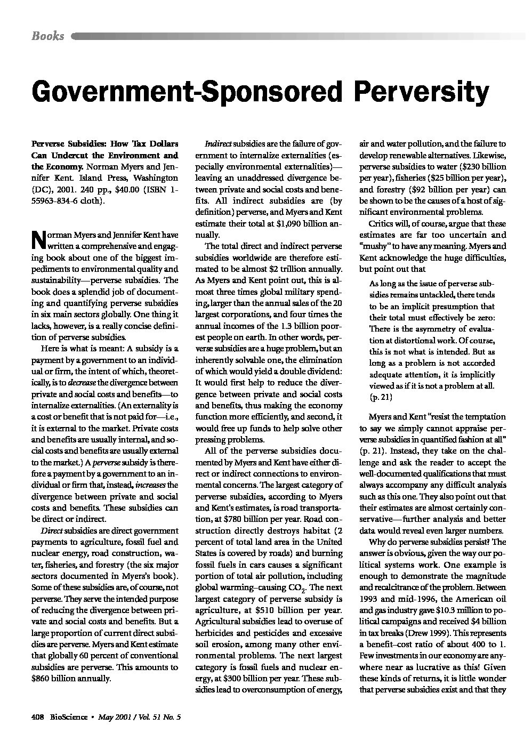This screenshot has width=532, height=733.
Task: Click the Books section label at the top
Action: coord(48,36)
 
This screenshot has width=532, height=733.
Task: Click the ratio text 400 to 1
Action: coord(487,644)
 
